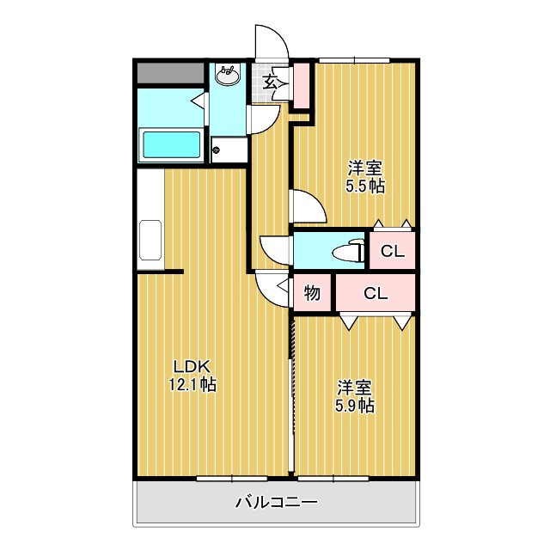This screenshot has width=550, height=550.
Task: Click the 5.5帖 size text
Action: point(365,186)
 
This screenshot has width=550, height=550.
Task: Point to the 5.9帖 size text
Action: point(354,405)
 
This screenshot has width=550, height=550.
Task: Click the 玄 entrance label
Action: point(270,82)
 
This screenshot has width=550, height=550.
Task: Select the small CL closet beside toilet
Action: point(393,252)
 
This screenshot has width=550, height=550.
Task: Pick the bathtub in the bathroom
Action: point(172,144)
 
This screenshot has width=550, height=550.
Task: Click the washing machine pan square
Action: point(228,150)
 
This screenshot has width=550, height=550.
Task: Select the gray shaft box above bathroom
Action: point(171,73)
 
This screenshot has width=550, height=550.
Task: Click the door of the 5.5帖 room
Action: point(307,206)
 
